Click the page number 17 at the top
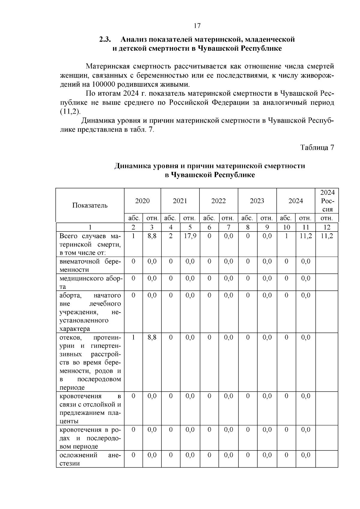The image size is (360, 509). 197,26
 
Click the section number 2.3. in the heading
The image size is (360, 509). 105,40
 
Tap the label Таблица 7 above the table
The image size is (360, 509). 317,148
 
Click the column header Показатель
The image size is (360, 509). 90,205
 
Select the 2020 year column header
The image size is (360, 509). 142,201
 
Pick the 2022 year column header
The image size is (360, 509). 218,201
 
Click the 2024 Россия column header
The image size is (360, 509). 327,201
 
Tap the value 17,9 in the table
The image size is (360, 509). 190,236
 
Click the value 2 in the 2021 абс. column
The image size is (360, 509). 170,236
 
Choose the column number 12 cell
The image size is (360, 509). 327,227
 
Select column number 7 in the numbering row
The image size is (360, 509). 228,227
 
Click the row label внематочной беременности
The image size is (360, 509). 90,265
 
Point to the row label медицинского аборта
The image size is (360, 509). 90,282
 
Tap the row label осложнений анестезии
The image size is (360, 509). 90,459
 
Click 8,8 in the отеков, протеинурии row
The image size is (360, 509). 152,337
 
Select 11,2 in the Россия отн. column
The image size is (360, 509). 327,236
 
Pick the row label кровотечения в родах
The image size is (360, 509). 90,438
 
